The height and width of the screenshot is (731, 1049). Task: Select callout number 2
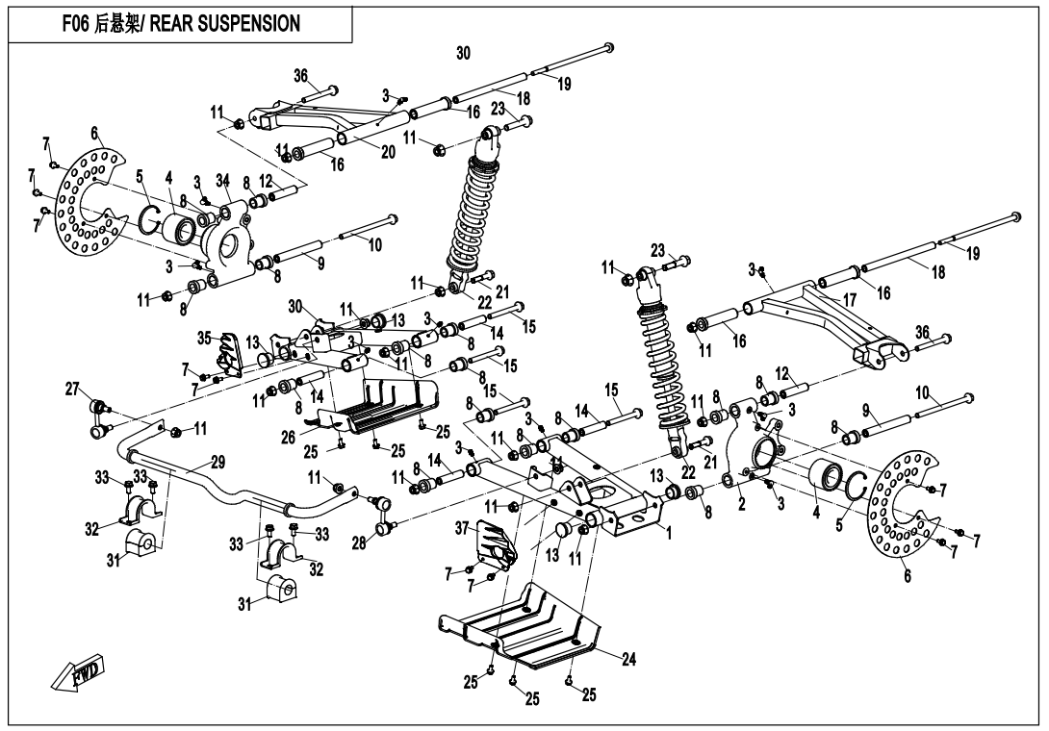pos(742,504)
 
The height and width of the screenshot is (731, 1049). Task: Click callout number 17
pos(849,300)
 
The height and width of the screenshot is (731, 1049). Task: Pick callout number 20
pos(387,154)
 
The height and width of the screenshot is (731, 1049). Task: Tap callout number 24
pos(628,660)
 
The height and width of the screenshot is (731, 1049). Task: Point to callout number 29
pos(217,464)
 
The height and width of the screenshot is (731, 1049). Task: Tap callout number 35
pos(204,338)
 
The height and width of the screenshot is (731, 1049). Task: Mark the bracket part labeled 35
pos(229,354)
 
